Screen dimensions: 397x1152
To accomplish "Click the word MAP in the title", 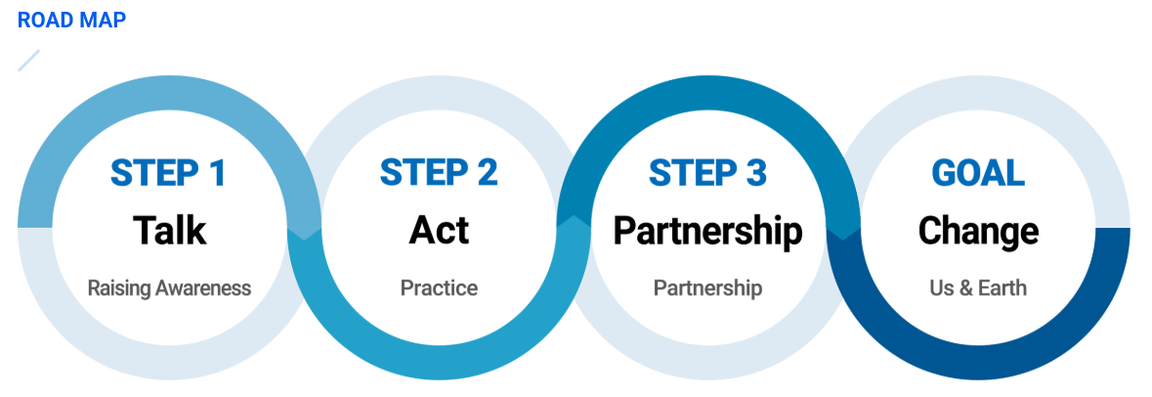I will (x=102, y=20).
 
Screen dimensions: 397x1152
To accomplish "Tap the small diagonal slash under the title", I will (x=28, y=61).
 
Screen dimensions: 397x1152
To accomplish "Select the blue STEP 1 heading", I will (x=168, y=173).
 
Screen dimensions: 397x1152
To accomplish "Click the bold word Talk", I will (x=169, y=231).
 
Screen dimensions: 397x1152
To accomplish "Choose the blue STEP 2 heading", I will (x=439, y=173).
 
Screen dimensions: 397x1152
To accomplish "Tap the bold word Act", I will (x=439, y=231).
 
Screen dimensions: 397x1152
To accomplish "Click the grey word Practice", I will (x=439, y=288).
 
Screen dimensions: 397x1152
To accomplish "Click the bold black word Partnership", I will (x=707, y=231).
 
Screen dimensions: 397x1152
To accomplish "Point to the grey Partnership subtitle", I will (x=707, y=288).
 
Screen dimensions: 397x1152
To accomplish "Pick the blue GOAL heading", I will (x=978, y=173).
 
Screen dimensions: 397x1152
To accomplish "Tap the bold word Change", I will (x=978, y=231).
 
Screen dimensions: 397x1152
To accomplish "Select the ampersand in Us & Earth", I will (x=961, y=288).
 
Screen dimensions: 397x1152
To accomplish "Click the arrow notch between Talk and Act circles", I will (x=305, y=231).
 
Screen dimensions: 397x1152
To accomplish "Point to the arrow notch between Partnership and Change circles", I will (x=843, y=231).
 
